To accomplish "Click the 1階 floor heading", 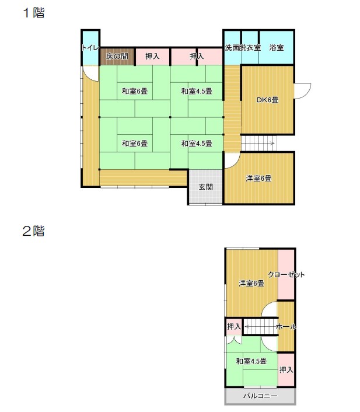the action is [34, 13].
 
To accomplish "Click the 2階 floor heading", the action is [33, 231].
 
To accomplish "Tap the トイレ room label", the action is [90, 47].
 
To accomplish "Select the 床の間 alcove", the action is [117, 56].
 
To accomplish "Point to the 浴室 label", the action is [277, 47].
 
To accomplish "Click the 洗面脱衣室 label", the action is [243, 47].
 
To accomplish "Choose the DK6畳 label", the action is [267, 100].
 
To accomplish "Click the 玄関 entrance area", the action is [205, 187].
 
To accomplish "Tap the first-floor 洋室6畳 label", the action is [258, 179].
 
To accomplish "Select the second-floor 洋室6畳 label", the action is [251, 283].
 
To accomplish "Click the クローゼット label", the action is [286, 275].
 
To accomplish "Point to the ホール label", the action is [286, 327].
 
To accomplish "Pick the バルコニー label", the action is [260, 396].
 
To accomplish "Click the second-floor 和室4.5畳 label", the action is [251, 361].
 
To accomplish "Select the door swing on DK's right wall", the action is [303, 91].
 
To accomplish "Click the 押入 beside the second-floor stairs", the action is [233, 327].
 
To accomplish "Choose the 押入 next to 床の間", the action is [152, 56].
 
